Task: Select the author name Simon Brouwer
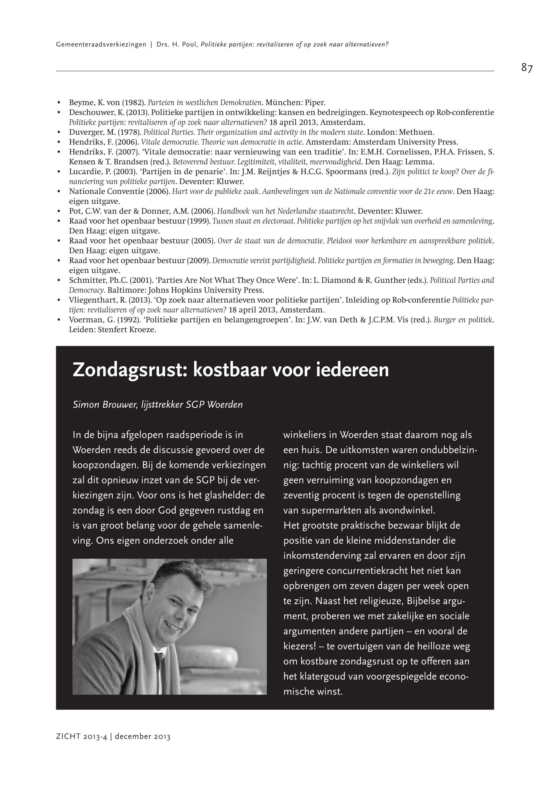click(x=104, y=405)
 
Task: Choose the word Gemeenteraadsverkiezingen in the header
click(x=101, y=45)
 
